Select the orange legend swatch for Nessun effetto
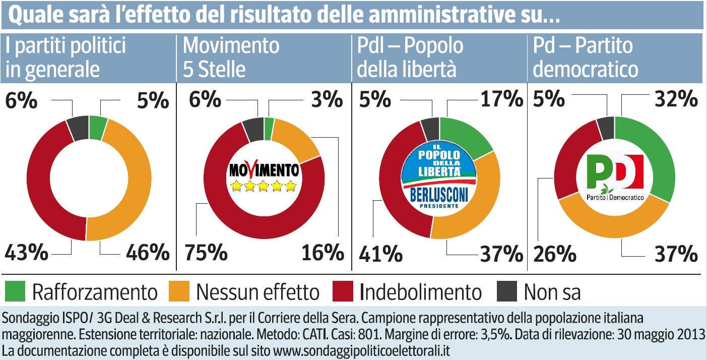point(179,292)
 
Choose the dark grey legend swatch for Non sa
point(507,292)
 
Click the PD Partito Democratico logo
point(616,177)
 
